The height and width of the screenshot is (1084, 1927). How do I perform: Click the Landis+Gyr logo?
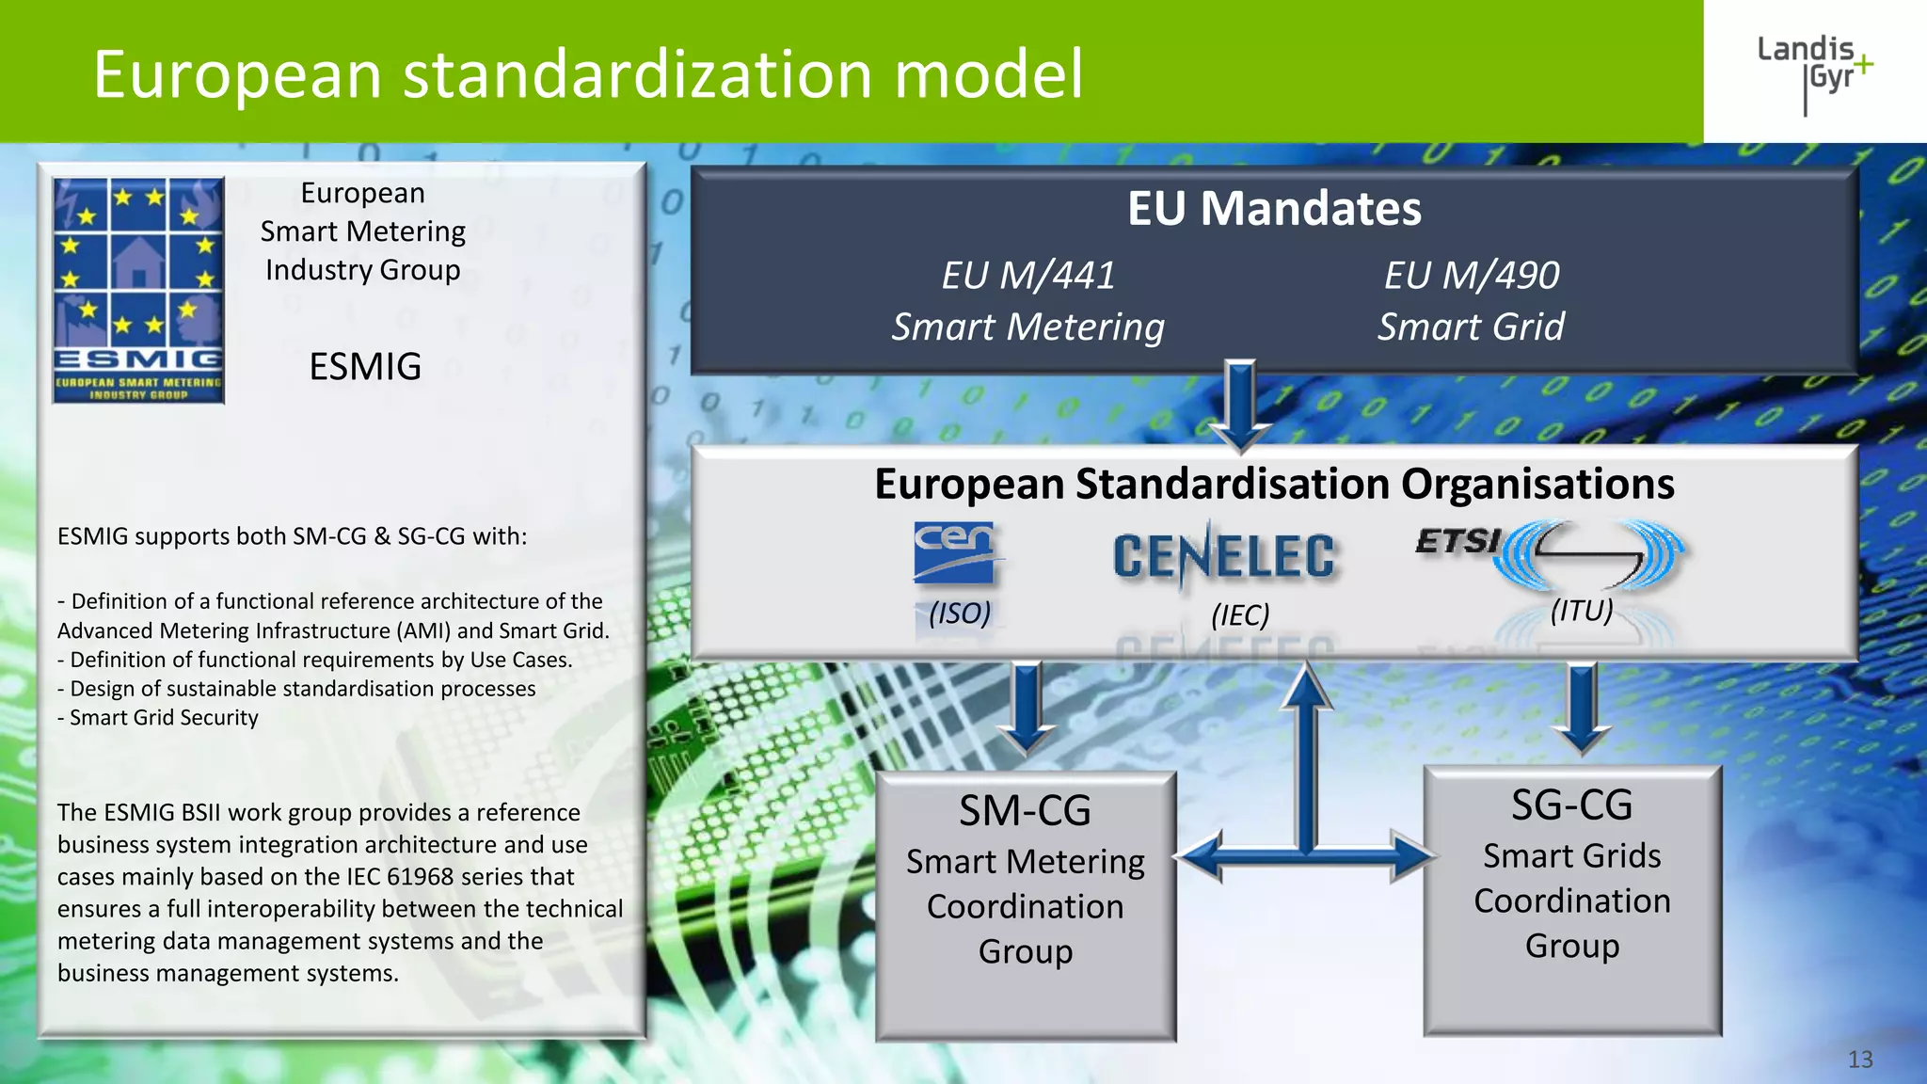click(x=1814, y=72)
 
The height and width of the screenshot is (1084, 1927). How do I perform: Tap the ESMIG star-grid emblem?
click(x=138, y=290)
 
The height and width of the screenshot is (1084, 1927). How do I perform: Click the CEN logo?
click(x=955, y=552)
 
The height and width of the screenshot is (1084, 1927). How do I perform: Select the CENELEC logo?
click(x=1223, y=556)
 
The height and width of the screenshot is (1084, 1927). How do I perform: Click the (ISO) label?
click(x=960, y=614)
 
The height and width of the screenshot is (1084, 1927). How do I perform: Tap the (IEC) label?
click(x=1240, y=615)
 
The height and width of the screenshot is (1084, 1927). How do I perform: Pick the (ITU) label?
click(x=1582, y=611)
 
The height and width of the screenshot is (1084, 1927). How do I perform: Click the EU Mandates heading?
click(x=1274, y=209)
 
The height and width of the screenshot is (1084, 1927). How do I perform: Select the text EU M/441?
click(x=1027, y=276)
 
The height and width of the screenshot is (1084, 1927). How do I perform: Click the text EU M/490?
click(x=1472, y=276)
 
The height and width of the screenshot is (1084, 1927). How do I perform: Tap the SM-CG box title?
click(x=1025, y=811)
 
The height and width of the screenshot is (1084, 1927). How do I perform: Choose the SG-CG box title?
click(x=1571, y=805)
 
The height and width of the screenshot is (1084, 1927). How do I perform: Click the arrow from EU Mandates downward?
click(x=1241, y=405)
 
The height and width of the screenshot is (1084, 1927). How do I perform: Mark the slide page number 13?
click(x=1860, y=1060)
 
